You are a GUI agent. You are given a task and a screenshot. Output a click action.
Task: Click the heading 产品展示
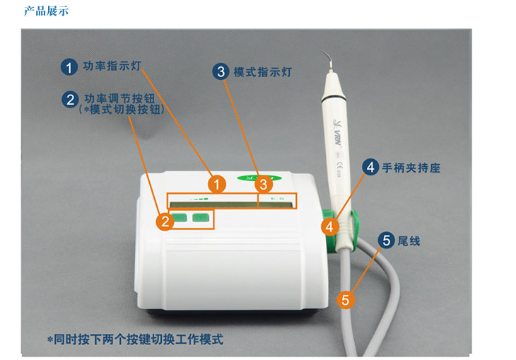tap(46, 11)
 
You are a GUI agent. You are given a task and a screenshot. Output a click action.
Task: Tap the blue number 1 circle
tap(69, 67)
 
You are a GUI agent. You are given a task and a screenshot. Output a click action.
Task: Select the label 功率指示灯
tap(112, 66)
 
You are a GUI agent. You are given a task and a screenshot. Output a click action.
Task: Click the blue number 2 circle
tap(71, 100)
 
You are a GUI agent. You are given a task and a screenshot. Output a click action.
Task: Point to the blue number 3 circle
tap(221, 72)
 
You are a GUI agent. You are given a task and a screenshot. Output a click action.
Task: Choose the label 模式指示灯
tap(263, 72)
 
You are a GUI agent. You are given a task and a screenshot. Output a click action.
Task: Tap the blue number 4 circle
tap(370, 167)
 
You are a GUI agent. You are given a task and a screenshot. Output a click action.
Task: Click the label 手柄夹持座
tap(411, 168)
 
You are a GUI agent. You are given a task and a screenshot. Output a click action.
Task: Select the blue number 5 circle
tap(387, 240)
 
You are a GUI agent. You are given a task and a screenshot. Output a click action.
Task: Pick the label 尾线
tap(409, 241)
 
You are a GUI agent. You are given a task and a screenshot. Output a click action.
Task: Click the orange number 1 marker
tap(217, 184)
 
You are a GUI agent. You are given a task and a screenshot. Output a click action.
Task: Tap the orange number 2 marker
tap(165, 221)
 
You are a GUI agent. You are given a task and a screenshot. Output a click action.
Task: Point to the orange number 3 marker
tap(264, 185)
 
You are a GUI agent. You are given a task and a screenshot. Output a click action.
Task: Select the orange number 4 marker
tap(329, 226)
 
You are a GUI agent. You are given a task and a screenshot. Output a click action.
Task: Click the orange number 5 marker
tap(345, 300)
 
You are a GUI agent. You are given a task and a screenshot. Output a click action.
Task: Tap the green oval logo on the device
tap(259, 178)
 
